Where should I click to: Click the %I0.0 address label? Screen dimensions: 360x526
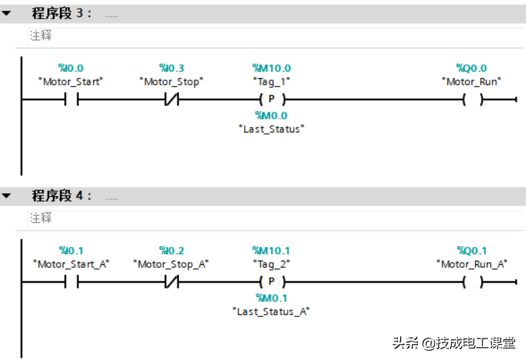(x=71, y=68)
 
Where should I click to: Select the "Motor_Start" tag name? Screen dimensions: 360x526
(x=71, y=82)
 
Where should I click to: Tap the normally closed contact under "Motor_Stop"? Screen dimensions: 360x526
(x=171, y=99)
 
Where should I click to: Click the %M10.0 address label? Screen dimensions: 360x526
(x=271, y=68)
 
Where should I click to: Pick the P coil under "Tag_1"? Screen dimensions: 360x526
(x=271, y=99)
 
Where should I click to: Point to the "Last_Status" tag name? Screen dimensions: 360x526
(x=271, y=129)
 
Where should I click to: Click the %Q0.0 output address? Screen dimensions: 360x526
(x=472, y=68)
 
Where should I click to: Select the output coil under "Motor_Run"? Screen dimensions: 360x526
(x=472, y=99)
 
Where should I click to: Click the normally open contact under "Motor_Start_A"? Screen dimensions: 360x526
(x=71, y=282)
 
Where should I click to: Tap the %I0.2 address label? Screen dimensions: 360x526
(x=171, y=250)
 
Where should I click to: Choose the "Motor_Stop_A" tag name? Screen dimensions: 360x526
(x=171, y=264)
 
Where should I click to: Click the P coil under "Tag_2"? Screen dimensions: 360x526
(x=271, y=282)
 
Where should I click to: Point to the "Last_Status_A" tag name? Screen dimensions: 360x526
(x=271, y=311)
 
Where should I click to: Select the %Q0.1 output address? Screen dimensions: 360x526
(x=472, y=250)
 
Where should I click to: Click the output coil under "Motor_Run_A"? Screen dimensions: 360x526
(x=472, y=282)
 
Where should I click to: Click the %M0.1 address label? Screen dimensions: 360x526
(x=271, y=298)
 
